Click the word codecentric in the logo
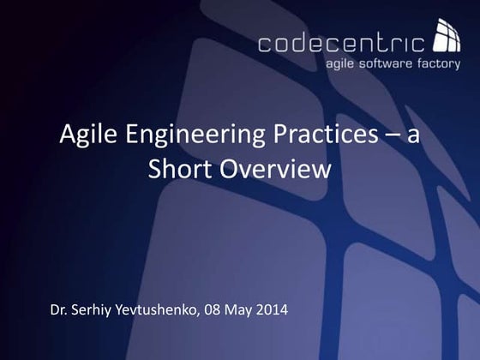pos(340,43)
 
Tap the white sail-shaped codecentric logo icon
pos(447,35)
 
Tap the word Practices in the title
pos(309,135)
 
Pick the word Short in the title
pos(176,169)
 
